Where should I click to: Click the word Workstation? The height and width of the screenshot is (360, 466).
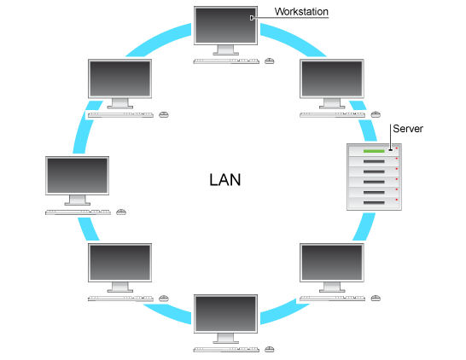(x=300, y=11)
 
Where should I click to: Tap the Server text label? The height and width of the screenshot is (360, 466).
(x=406, y=129)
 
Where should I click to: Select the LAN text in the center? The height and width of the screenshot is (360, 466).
(x=225, y=180)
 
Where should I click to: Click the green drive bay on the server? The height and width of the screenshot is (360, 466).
(x=374, y=151)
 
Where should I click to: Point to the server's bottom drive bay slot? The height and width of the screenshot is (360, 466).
(x=374, y=202)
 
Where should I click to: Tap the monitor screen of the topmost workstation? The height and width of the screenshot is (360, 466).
(x=225, y=25)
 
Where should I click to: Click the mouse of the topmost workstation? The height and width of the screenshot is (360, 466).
(x=270, y=61)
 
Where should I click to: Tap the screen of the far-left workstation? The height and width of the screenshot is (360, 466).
(x=78, y=175)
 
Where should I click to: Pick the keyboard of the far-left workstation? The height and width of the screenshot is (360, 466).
(x=78, y=212)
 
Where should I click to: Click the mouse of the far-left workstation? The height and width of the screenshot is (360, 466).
(x=121, y=212)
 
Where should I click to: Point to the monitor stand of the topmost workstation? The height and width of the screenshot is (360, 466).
(x=225, y=51)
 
